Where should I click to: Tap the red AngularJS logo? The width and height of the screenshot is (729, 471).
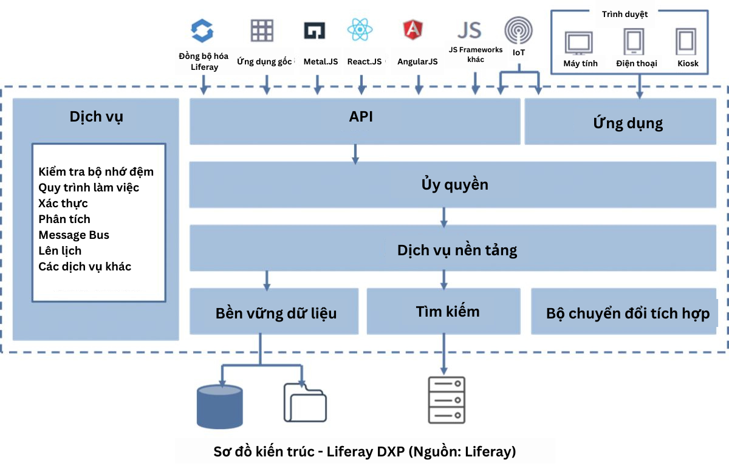[x=413, y=30]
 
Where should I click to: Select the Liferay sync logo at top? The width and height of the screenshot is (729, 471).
[x=202, y=30]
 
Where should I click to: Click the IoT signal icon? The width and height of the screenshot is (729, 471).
[x=519, y=30]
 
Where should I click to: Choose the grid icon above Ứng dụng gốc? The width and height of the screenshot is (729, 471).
[x=262, y=30]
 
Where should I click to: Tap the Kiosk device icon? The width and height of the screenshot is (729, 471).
[x=686, y=42]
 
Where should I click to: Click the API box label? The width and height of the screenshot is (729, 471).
[x=361, y=117]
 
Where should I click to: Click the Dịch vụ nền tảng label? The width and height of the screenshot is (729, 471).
[x=457, y=250]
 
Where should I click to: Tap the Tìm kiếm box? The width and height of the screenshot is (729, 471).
[x=447, y=312]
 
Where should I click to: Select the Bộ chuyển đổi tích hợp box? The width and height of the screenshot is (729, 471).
[x=628, y=314]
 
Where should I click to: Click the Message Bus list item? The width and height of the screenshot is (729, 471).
[x=74, y=235]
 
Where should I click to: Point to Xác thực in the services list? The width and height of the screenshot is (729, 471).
[x=63, y=203]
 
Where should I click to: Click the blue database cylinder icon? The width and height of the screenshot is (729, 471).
[x=220, y=407]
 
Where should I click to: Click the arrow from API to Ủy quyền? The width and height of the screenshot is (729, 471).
[x=355, y=154]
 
